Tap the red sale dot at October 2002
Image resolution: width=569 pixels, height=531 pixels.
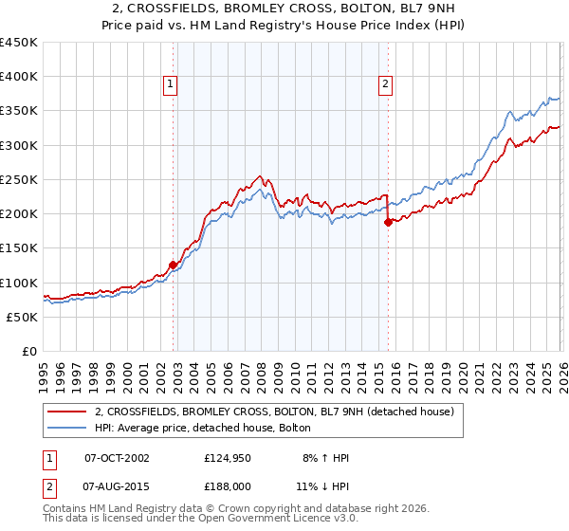[x=173, y=265]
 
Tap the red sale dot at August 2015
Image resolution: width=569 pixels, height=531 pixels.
[x=388, y=223]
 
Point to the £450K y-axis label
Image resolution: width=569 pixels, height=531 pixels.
[x=19, y=43]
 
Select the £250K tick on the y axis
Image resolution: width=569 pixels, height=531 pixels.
[x=19, y=179]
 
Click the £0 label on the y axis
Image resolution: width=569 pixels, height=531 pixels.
[x=28, y=351]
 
